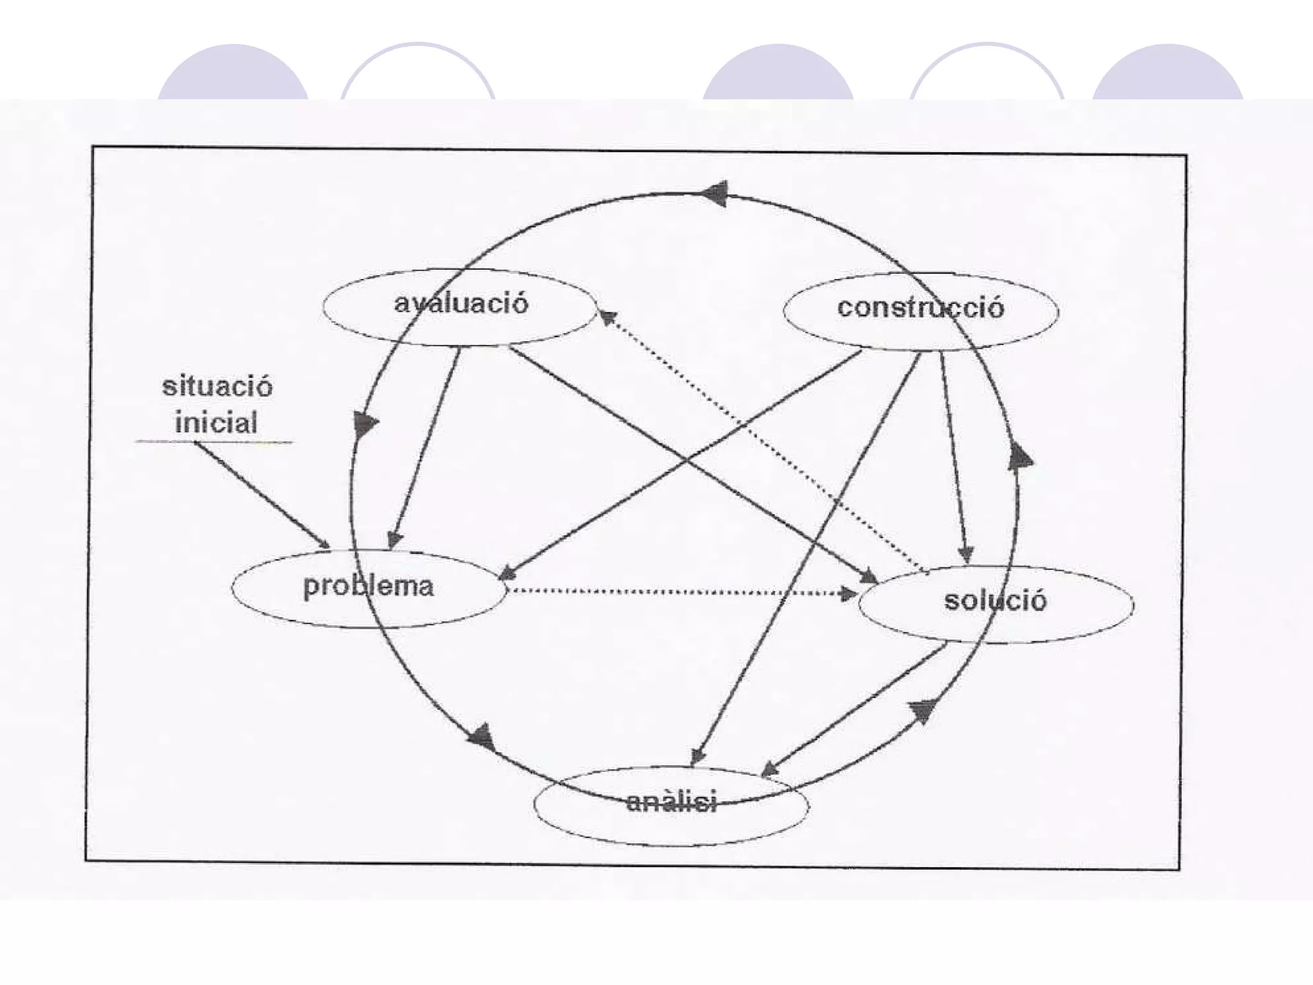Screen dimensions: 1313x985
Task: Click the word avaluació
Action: [x=461, y=303]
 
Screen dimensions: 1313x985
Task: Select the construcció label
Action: [x=920, y=308]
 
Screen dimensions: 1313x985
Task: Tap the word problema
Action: [x=368, y=586]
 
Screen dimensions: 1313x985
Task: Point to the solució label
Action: [x=995, y=601]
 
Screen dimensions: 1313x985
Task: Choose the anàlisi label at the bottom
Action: [x=671, y=802]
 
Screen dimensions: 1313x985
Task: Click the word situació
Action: [x=217, y=387]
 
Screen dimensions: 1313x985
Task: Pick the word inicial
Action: [x=216, y=423]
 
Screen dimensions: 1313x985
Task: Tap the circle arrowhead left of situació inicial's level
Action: [x=364, y=425]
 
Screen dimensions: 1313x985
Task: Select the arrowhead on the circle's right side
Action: [x=1019, y=456]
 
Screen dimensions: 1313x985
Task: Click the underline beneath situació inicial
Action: [x=213, y=442]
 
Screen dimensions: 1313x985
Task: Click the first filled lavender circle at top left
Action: [x=233, y=72]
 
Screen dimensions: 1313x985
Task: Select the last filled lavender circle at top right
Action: [x=1167, y=72]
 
